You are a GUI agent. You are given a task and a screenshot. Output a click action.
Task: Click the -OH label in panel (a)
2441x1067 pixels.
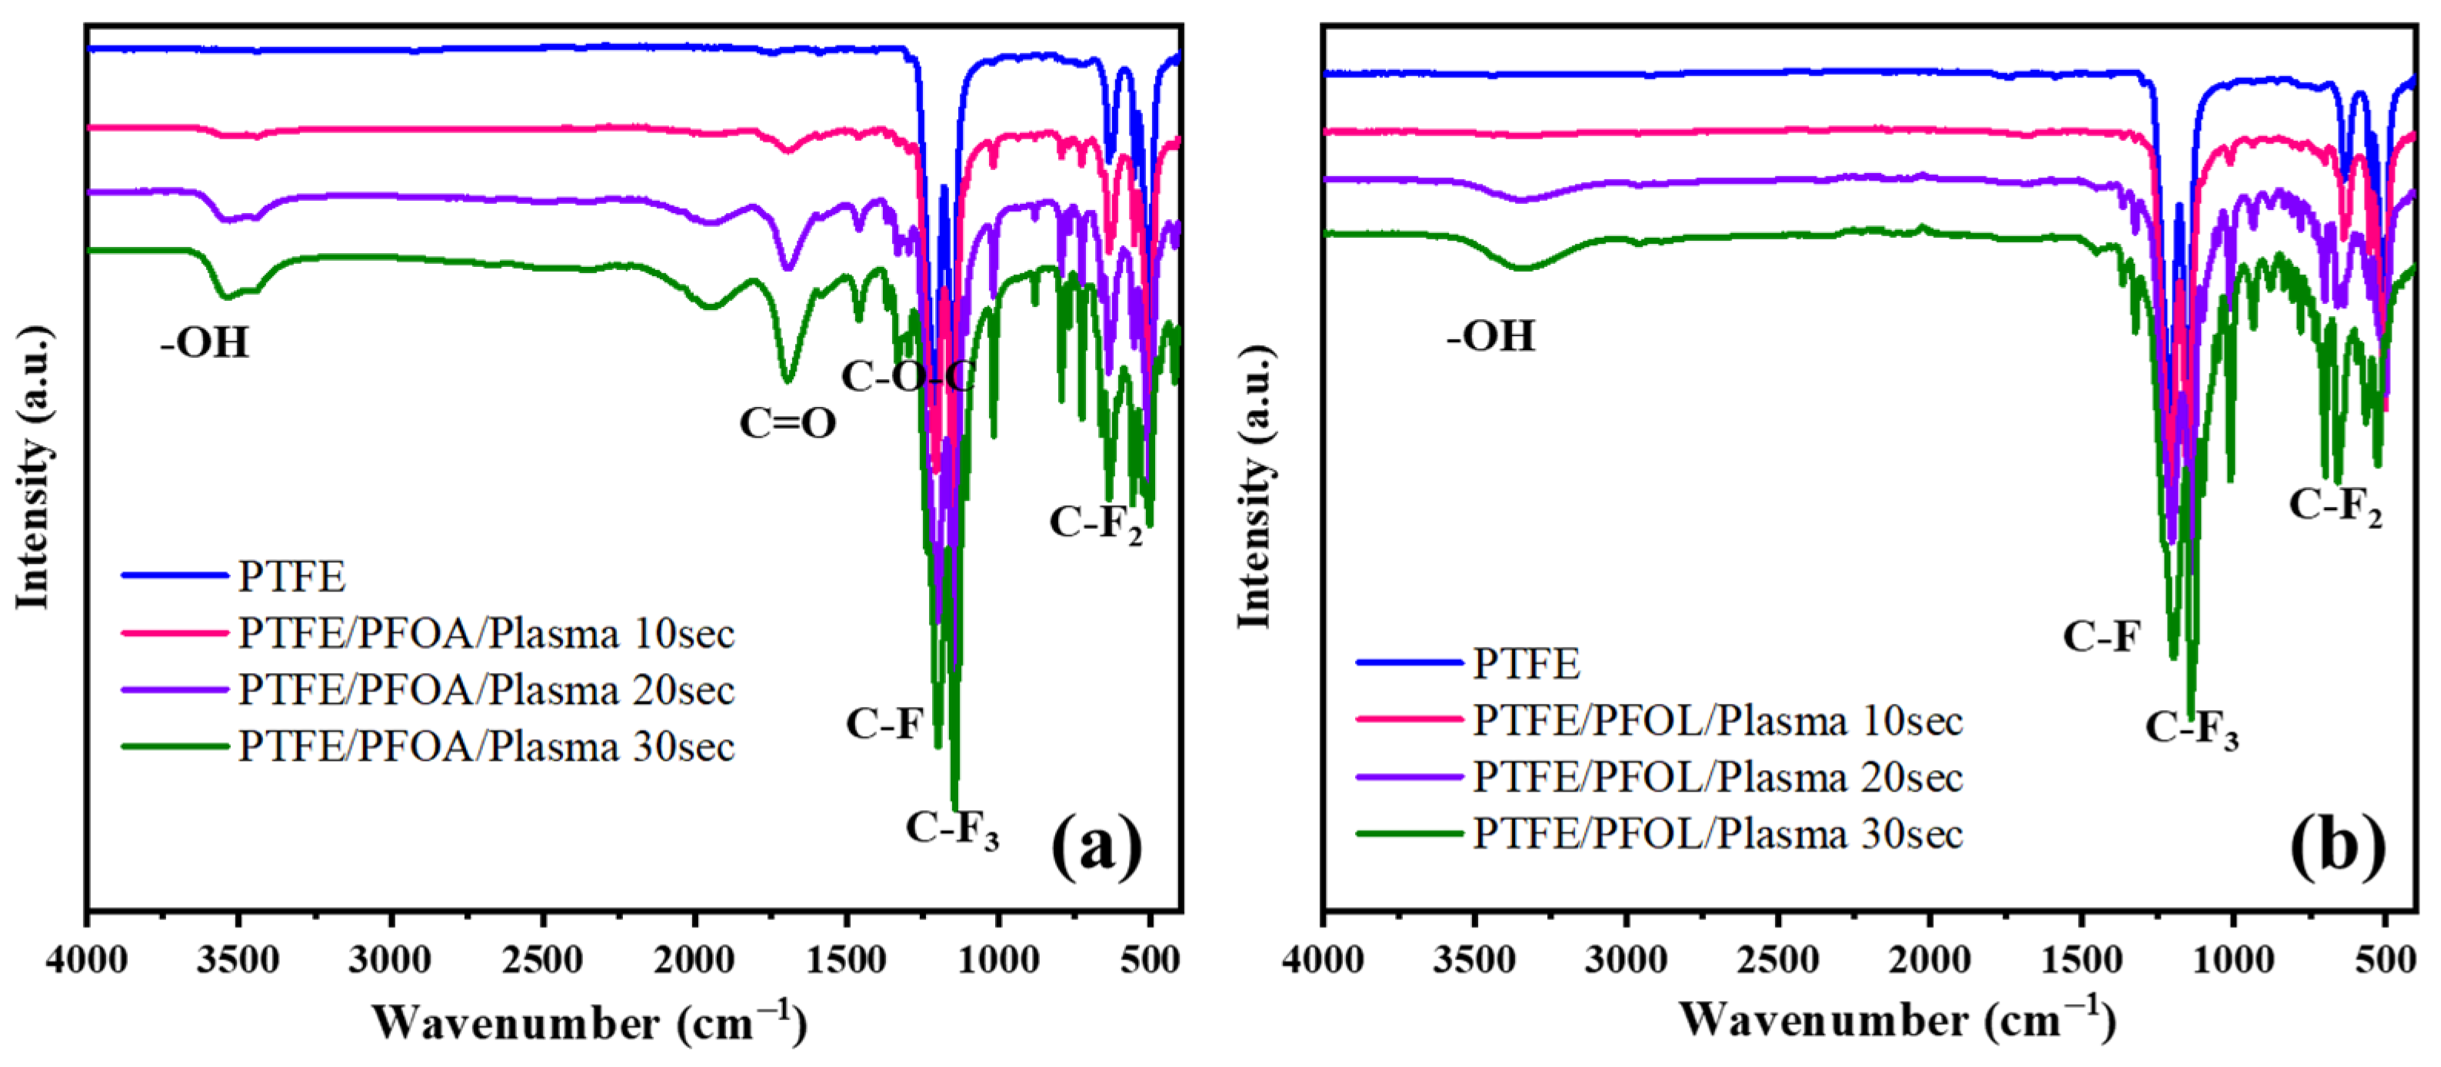click(205, 342)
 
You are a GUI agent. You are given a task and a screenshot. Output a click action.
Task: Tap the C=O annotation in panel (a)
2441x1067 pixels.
click(788, 424)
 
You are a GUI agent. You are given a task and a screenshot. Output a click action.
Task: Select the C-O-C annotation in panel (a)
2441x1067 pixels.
click(907, 377)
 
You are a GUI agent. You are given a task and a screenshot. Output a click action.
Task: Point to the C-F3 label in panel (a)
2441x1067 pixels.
click(951, 829)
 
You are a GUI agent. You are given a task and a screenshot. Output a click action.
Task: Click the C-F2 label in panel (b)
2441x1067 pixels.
click(2335, 506)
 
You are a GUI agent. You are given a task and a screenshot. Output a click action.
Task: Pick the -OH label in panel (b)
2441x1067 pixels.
click(1490, 336)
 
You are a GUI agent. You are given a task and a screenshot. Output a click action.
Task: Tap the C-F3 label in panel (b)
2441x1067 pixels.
click(2191, 729)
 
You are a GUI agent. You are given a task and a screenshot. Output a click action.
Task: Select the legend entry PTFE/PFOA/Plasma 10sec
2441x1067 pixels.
click(486, 633)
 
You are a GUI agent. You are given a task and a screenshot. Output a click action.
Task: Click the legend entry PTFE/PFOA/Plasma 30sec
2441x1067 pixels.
click(486, 747)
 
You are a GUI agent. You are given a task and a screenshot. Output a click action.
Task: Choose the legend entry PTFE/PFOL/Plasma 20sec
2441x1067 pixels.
click(1717, 778)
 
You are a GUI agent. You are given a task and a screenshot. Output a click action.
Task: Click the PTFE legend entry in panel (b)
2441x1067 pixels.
click(1526, 663)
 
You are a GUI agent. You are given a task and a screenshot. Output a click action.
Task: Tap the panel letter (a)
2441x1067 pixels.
click(1097, 846)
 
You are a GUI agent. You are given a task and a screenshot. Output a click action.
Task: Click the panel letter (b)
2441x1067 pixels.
click(2336, 846)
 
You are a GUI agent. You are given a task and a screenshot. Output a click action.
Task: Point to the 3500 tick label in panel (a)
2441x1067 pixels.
click(238, 960)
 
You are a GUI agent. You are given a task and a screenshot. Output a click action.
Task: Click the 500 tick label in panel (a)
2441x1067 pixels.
click(1150, 960)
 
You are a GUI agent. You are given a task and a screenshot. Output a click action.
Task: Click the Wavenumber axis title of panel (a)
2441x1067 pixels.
click(589, 1023)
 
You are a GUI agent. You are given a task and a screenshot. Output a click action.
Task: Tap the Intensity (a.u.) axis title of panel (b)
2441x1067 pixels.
click(1254, 486)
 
